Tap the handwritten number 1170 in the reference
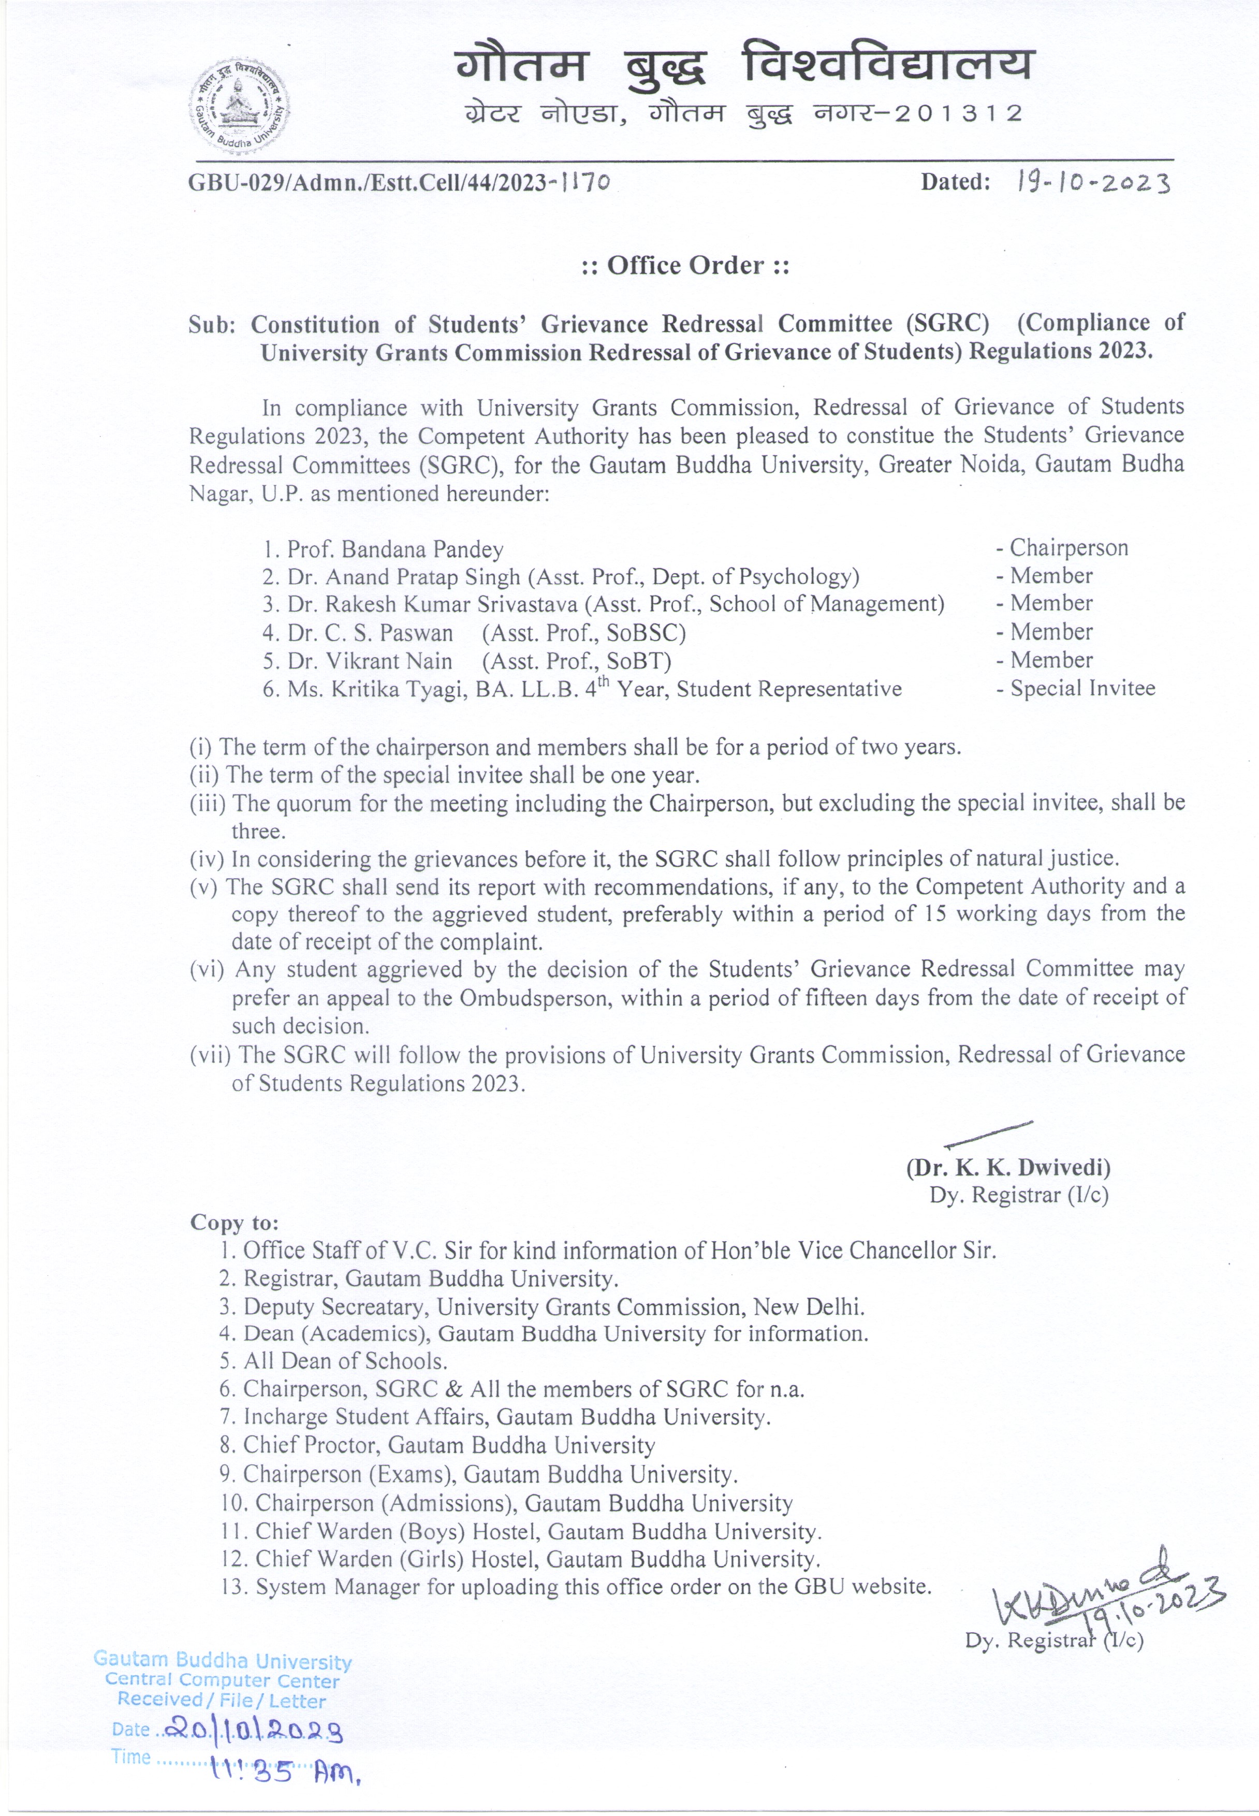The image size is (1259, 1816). [584, 183]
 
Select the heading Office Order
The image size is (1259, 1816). [685, 266]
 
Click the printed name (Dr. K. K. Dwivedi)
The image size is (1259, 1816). [1008, 1168]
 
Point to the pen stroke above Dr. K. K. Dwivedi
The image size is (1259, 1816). [988, 1134]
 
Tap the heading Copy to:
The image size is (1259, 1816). [235, 1223]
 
